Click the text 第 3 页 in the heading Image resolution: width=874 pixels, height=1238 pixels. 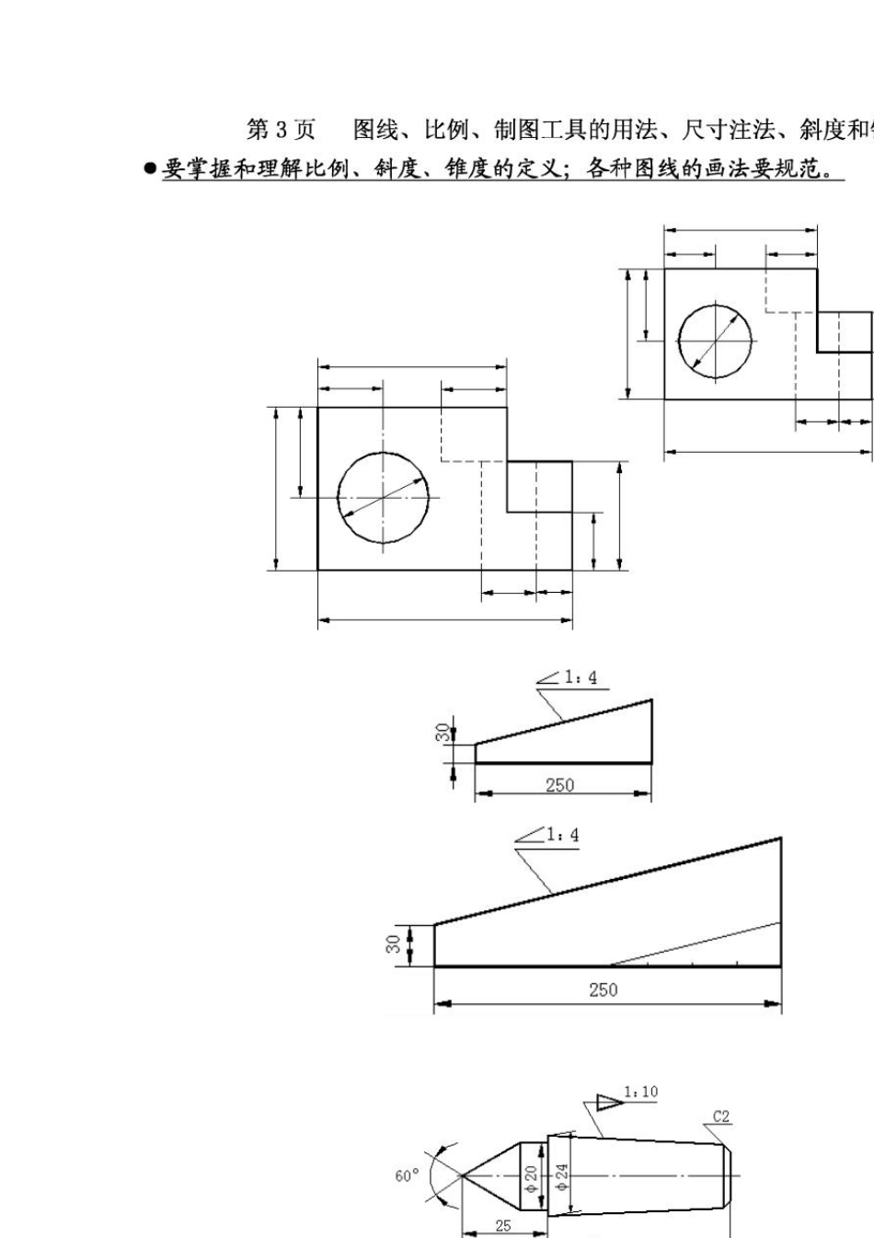(x=280, y=131)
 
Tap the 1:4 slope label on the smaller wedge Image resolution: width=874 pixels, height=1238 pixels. (x=581, y=677)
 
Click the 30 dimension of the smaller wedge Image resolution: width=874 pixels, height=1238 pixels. (x=443, y=733)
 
